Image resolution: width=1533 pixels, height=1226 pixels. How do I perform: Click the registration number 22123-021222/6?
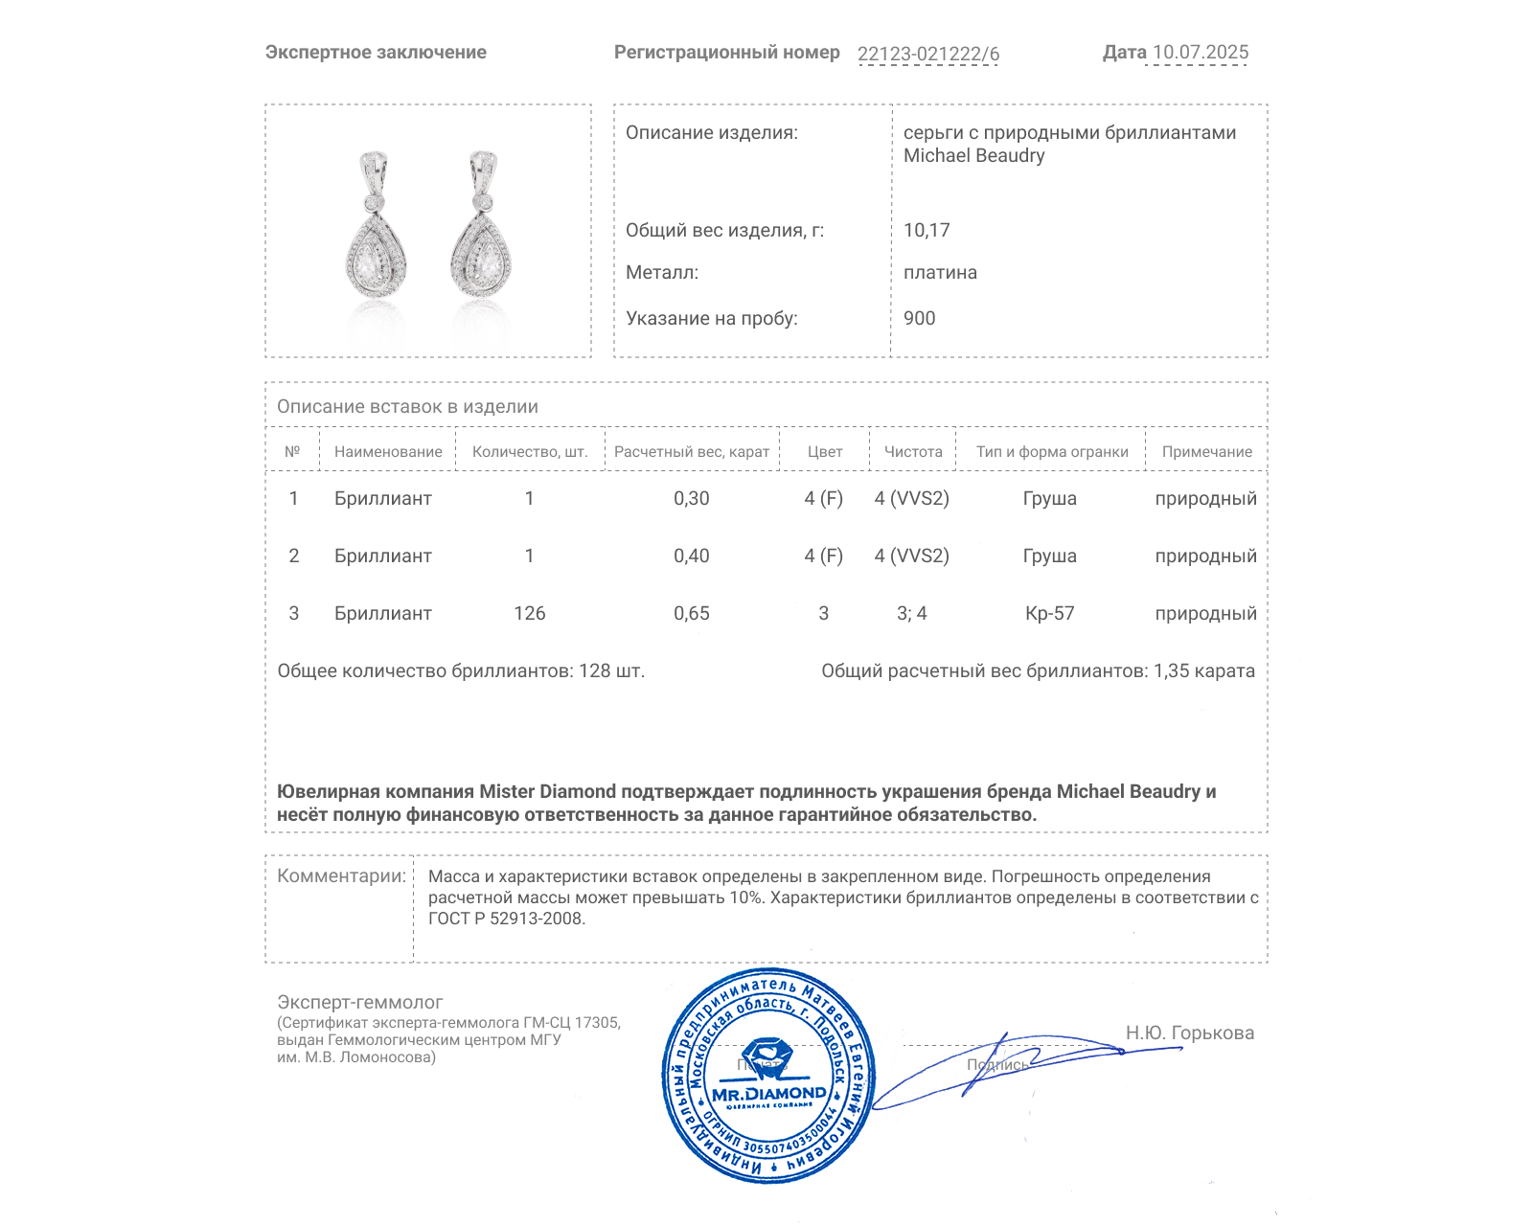(x=927, y=54)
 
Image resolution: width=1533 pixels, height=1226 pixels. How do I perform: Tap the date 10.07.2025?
(x=1200, y=53)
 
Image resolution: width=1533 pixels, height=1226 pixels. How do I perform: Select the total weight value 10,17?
(x=926, y=230)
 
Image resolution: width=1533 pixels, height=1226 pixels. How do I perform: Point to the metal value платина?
(x=940, y=272)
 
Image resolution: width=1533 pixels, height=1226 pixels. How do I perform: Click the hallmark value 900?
(x=919, y=318)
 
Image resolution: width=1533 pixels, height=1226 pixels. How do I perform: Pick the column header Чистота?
(x=912, y=451)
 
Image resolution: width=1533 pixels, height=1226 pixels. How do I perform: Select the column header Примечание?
(x=1206, y=451)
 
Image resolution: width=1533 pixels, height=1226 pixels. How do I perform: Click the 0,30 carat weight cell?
(x=691, y=498)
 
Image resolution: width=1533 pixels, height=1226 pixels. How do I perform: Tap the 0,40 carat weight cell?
(x=691, y=556)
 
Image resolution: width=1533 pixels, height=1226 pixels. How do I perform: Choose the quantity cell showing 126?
(x=529, y=613)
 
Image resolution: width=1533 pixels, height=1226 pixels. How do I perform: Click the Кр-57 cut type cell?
(x=1049, y=613)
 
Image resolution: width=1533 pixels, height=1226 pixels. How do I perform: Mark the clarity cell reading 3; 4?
(x=911, y=613)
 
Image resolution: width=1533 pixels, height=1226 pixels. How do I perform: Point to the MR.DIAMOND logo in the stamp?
(x=768, y=1093)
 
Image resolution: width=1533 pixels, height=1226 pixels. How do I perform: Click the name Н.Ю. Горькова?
(x=1189, y=1033)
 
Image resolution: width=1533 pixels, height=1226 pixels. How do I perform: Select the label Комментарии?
(x=341, y=875)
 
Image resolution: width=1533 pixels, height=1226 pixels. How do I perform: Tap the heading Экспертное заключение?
(x=376, y=53)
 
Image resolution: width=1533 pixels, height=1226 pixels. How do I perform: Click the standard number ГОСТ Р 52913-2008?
(x=506, y=919)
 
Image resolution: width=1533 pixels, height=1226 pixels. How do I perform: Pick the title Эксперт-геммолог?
(x=359, y=1002)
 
